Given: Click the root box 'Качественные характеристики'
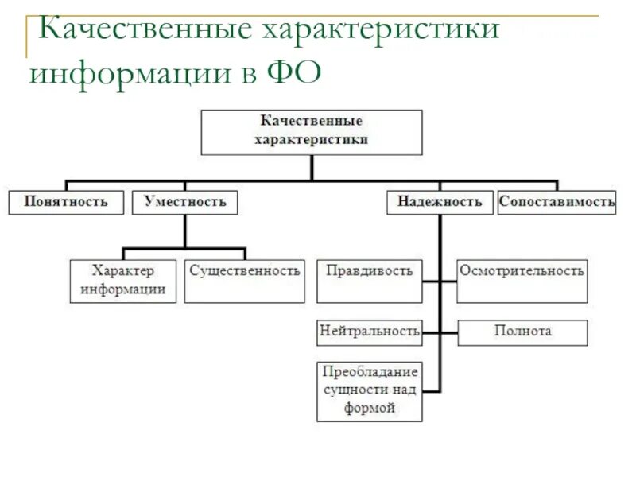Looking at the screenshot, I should (312, 132).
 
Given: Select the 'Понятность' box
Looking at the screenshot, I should (66, 202).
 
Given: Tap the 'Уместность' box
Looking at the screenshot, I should (184, 202).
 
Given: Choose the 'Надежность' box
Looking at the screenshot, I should (440, 202).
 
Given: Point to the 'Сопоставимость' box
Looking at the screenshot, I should (556, 202).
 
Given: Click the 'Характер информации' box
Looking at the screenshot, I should (123, 281).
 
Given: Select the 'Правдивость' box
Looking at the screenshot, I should (370, 281).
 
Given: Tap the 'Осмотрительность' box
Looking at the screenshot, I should (522, 281).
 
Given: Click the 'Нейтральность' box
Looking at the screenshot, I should (370, 332).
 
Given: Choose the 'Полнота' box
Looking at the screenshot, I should (522, 332).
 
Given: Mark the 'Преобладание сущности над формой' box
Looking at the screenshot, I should (370, 390).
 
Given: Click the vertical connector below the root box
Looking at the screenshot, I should (312, 168).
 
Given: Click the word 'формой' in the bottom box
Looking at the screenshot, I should (370, 409).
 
